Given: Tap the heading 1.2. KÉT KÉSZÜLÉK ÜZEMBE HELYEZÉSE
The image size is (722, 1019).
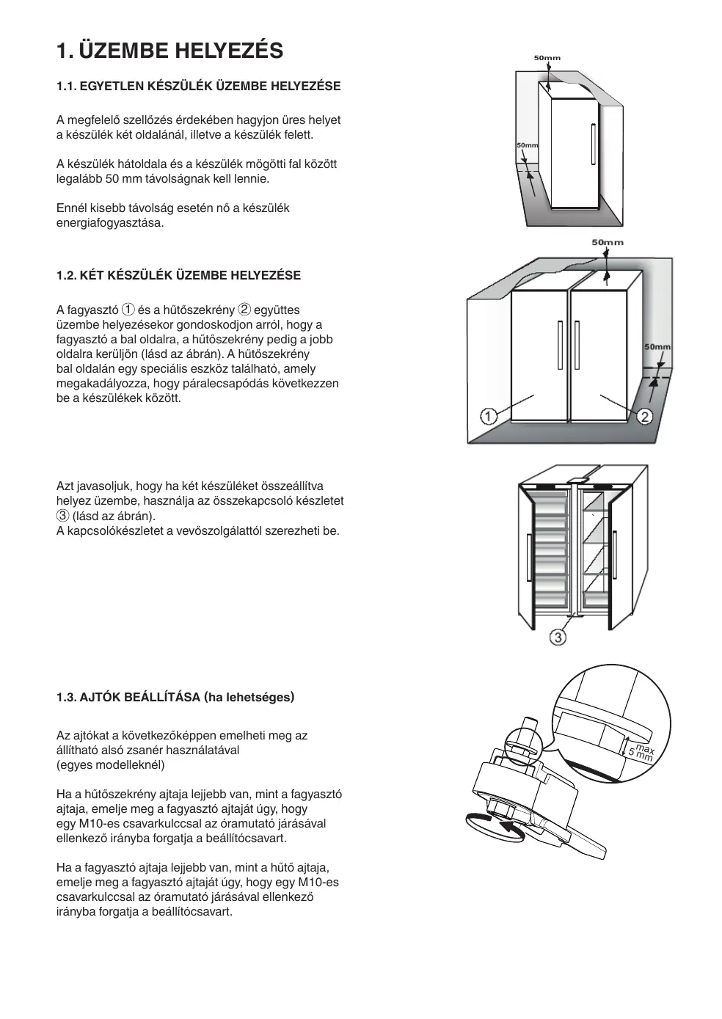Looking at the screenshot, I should tap(178, 276).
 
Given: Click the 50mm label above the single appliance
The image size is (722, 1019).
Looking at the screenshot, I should tap(547, 57).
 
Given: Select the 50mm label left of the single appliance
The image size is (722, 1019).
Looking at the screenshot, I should tap(527, 145).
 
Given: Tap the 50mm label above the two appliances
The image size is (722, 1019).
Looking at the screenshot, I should tap(607, 242).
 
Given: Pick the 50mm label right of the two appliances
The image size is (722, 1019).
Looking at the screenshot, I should tap(657, 346).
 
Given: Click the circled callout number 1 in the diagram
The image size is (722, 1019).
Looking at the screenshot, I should tap(488, 417).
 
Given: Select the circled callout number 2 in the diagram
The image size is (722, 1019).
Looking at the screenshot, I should tap(644, 417).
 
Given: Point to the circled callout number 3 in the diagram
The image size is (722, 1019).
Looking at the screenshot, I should tap(558, 638).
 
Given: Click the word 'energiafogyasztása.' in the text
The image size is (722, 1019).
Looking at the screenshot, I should tap(110, 223).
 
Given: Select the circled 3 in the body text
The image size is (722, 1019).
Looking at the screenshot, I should tap(62, 516).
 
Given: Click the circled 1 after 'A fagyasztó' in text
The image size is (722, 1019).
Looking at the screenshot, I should tap(128, 310).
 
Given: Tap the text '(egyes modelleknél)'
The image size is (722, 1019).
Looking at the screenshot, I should tap(111, 765).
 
